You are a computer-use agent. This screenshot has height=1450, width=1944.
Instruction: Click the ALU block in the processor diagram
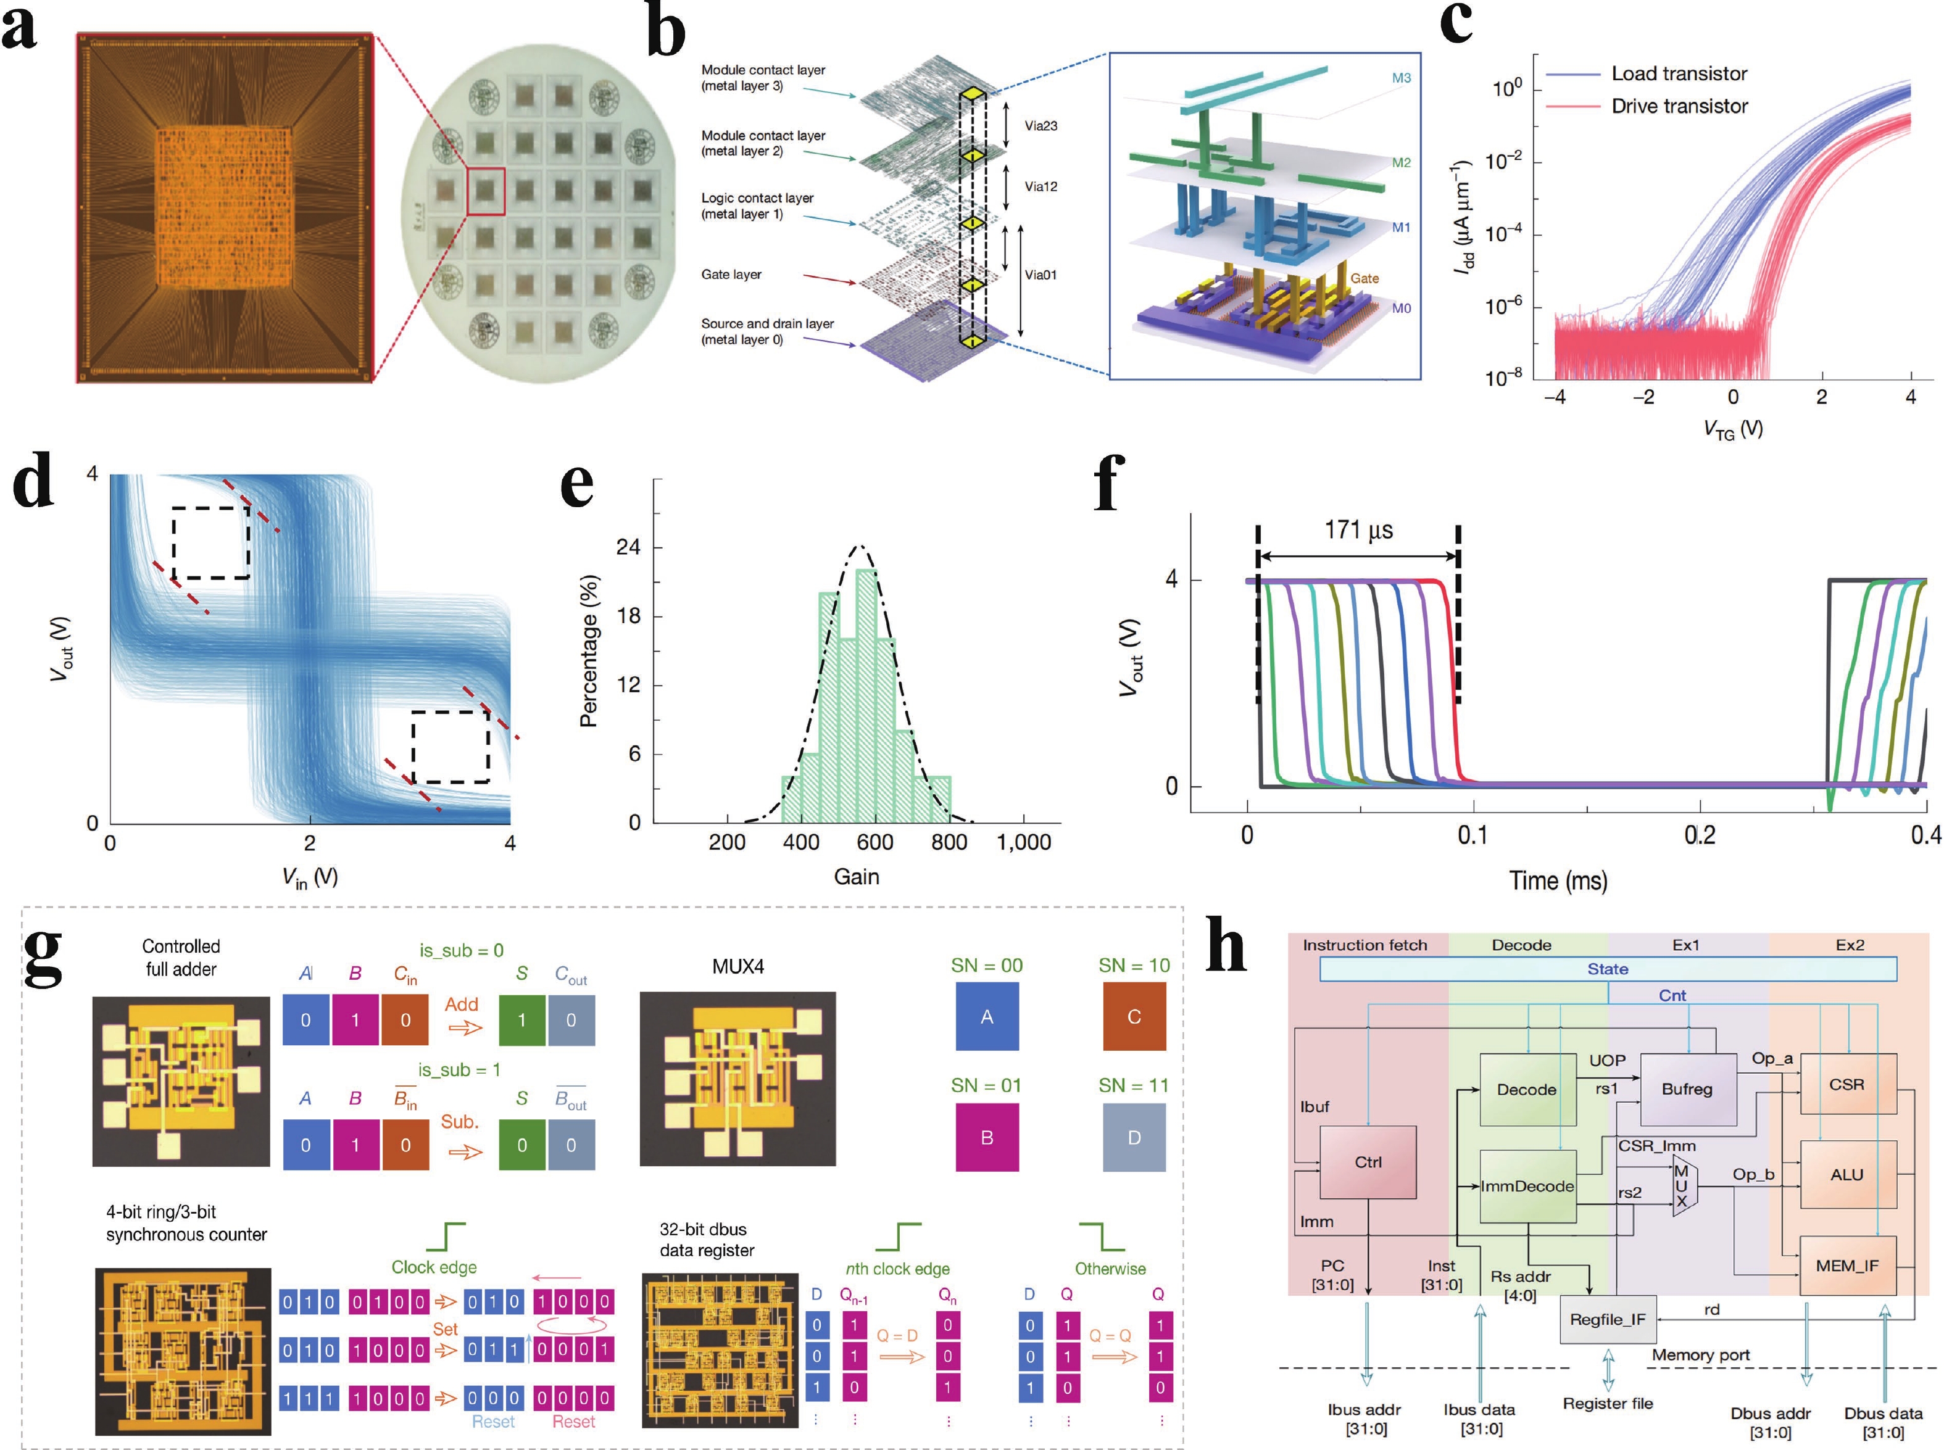1846,1174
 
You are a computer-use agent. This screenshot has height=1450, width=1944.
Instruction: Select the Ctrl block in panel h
1368,1162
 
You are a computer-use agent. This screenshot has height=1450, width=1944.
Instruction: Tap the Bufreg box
1687,1089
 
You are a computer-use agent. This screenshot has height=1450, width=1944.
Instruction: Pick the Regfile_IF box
1607,1319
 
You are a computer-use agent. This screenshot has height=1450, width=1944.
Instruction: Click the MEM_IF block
1846,1266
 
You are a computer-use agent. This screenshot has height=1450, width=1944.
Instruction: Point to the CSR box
1846,1084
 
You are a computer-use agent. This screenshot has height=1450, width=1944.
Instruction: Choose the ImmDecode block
1527,1186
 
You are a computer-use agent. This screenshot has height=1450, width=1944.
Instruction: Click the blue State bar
1607,969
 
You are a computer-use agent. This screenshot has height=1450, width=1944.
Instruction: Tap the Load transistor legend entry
1678,73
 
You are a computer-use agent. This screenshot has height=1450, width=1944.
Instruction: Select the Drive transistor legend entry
1678,106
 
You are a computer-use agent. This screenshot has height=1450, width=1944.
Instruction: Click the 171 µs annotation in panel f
1358,530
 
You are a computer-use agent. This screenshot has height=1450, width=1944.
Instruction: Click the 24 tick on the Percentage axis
628,547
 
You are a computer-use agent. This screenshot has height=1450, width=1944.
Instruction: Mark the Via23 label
1041,125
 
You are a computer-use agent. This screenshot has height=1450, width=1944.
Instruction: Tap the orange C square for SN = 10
1134,1016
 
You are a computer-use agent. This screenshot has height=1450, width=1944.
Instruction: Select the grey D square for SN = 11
1134,1138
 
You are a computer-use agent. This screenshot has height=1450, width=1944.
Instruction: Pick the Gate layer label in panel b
731,275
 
